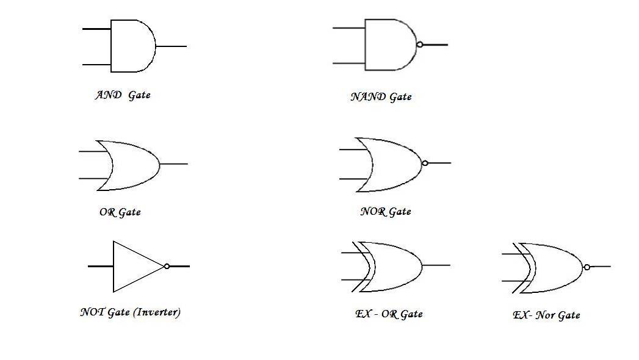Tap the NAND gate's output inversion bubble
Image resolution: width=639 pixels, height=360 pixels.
pos(420,45)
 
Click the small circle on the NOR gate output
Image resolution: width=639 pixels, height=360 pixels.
pos(425,163)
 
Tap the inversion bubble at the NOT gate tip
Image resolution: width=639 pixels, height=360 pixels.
pos(167,266)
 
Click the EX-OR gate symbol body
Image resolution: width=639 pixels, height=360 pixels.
pos(394,266)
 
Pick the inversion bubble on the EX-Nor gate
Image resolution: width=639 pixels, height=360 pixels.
pos(587,267)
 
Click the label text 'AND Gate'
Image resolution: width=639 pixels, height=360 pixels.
pos(123,95)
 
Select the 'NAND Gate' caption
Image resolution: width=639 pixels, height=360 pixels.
pos(381,96)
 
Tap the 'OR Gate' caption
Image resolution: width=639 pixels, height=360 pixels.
pos(120,212)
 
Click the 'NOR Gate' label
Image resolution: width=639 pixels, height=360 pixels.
pos(385,212)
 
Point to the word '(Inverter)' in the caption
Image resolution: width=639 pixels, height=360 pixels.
pos(157,312)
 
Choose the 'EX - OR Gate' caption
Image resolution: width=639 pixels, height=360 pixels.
pos(389,314)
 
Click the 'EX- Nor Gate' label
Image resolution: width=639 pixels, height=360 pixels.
pos(546,315)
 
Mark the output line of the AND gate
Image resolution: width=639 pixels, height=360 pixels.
pos(171,46)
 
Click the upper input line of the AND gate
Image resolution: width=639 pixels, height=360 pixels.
pos(96,29)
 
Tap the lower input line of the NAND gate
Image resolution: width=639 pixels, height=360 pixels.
pos(348,63)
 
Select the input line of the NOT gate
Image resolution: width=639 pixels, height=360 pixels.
pos(100,266)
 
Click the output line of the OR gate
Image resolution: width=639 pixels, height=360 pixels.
pos(174,164)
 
